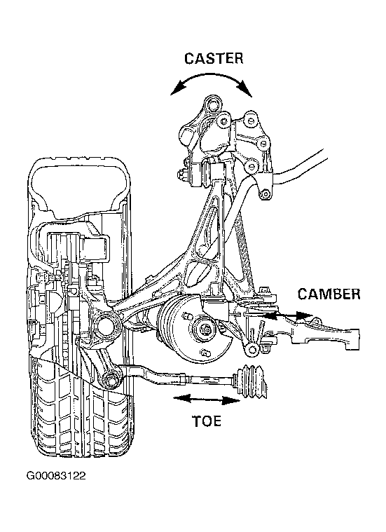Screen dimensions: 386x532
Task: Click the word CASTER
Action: tap(214, 58)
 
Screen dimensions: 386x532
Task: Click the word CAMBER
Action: tap(329, 294)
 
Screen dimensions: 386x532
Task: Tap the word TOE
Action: tap(207, 421)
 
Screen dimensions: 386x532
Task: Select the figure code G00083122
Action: tap(56, 476)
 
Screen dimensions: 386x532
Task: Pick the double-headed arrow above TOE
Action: tap(207, 400)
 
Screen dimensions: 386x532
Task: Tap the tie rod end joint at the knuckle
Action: tap(111, 379)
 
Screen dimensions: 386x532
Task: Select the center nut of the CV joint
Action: tap(206, 329)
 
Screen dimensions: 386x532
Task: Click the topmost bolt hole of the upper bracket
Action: tap(213, 104)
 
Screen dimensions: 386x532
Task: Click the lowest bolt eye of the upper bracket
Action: tap(266, 194)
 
